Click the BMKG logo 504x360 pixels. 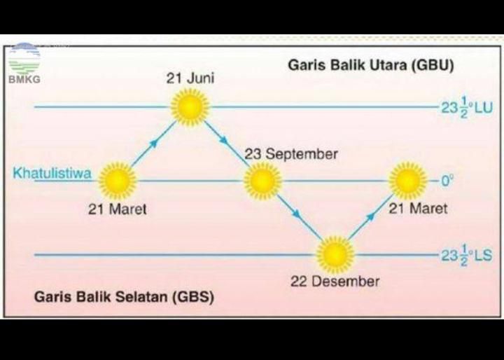24,63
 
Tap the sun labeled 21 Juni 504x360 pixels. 190,106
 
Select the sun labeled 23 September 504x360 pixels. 262,181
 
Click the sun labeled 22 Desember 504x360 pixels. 335,254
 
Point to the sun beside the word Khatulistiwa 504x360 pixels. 118,181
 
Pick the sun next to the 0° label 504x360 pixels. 408,181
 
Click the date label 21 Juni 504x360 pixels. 190,78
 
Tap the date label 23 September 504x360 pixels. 291,154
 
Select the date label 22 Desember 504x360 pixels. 335,282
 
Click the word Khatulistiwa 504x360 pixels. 52,174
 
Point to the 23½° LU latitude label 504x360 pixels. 467,107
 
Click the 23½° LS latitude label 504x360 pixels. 466,255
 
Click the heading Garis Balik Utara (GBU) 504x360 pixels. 371,65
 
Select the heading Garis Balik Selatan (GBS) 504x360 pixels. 124,297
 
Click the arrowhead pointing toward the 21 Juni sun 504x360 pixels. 154,143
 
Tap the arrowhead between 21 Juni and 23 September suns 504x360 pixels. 224,140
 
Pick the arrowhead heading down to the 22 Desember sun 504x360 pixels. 297,214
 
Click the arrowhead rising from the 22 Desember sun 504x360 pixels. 371,216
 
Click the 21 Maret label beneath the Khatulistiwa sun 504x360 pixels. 118,209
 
